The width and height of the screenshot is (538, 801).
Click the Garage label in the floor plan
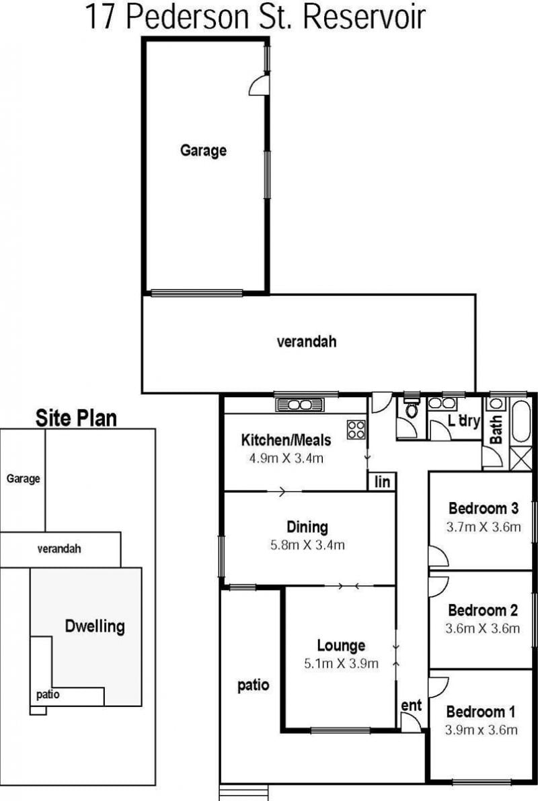(x=203, y=151)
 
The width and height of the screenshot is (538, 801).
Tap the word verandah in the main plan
(x=307, y=342)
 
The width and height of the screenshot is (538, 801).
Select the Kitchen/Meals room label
(x=286, y=440)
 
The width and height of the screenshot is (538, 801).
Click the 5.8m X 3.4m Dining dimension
(x=307, y=545)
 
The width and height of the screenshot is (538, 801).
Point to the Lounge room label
(x=341, y=646)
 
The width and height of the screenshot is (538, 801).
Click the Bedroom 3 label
(x=484, y=508)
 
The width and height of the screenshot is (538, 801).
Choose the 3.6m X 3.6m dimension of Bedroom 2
(x=483, y=628)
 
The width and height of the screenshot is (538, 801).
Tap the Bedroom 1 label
(x=481, y=712)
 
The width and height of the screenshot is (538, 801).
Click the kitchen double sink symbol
(x=300, y=405)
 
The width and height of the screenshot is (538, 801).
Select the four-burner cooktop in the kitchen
(x=356, y=429)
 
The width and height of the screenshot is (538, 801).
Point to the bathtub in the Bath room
(x=522, y=422)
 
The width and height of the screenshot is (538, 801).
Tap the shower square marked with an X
(x=522, y=458)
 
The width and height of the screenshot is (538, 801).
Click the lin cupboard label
(x=382, y=482)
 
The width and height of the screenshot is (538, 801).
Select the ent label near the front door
(x=411, y=706)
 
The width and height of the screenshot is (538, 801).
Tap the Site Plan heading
(x=76, y=418)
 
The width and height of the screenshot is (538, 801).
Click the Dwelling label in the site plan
(x=95, y=626)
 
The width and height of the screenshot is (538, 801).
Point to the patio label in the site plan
(x=48, y=695)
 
